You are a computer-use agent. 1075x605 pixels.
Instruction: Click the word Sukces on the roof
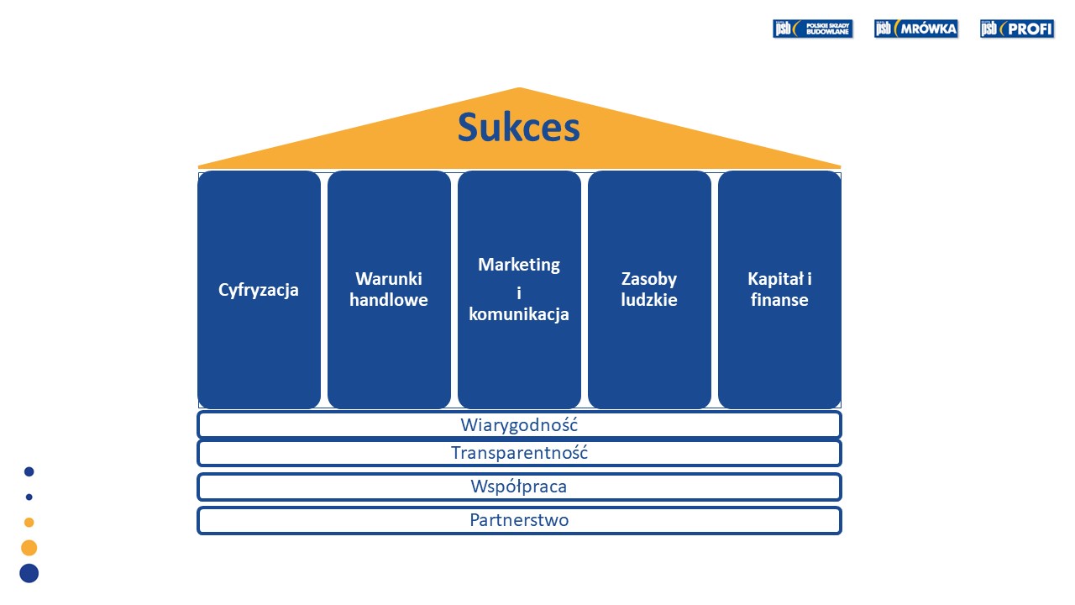[x=518, y=129]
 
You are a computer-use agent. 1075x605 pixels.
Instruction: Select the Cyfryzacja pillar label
[x=259, y=290]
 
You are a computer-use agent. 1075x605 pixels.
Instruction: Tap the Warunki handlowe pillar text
[x=389, y=289]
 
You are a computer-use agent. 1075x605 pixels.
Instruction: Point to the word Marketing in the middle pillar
[x=519, y=265]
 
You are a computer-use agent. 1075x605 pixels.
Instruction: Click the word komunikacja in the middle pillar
[x=519, y=314]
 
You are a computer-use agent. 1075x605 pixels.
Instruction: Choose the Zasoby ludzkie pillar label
[x=649, y=289]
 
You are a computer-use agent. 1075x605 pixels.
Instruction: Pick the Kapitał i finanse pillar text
[x=779, y=289]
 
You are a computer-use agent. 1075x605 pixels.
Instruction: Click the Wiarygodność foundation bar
[x=519, y=425]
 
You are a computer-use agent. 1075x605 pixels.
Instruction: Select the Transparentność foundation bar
[x=519, y=453]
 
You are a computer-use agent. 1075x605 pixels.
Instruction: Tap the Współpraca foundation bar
[x=519, y=487]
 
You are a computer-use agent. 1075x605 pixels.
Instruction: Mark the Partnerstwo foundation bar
[x=519, y=520]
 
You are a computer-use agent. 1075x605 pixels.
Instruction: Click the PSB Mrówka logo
[x=915, y=29]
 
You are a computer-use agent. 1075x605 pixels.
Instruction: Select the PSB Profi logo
[x=1016, y=29]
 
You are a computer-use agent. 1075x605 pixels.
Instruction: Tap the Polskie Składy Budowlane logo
[x=812, y=29]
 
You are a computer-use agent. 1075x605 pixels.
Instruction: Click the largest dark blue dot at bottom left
[x=29, y=573]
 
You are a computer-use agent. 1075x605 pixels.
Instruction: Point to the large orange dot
[x=29, y=548]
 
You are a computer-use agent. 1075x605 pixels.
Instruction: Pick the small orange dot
[x=29, y=522]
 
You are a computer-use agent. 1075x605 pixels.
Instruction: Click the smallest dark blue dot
[x=29, y=497]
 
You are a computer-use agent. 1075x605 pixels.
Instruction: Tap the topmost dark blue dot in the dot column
[x=29, y=471]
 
